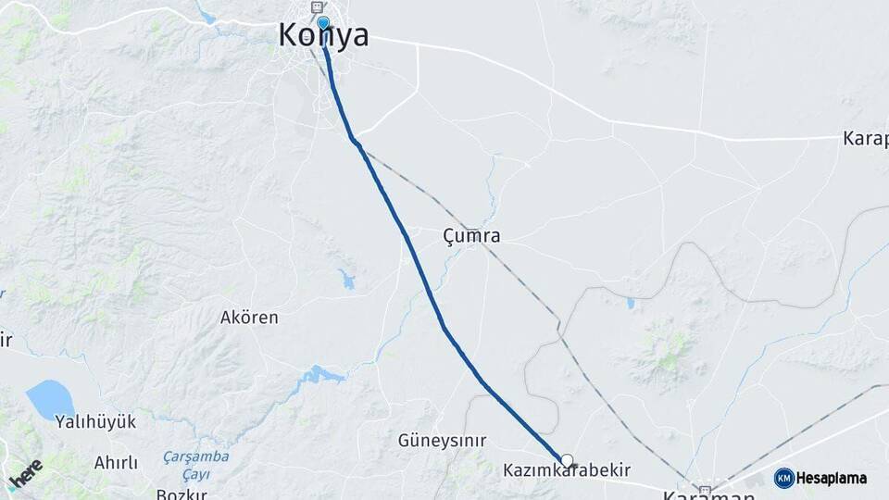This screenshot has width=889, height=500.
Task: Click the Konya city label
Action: (x=323, y=35)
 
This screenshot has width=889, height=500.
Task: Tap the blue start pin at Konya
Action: (x=322, y=23)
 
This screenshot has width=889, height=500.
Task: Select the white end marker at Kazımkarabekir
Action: (x=567, y=459)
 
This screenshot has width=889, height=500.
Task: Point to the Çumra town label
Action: (x=471, y=236)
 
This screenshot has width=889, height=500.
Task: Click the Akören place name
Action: (x=249, y=318)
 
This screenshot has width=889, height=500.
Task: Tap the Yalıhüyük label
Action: (x=95, y=422)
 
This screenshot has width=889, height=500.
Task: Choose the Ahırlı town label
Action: (x=116, y=462)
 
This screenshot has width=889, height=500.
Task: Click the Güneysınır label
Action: (x=442, y=441)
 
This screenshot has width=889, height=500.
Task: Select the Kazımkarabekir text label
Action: (x=567, y=471)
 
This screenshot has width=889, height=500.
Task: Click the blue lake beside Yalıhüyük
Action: (x=50, y=399)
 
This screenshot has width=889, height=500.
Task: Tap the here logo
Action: (x=25, y=472)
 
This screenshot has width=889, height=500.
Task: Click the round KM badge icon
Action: (x=783, y=478)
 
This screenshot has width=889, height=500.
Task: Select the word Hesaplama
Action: (x=832, y=479)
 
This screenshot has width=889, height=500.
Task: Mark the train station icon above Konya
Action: (x=318, y=7)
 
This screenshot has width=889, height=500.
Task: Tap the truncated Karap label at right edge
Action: (x=866, y=139)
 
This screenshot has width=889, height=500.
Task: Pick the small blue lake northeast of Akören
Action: (x=347, y=279)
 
